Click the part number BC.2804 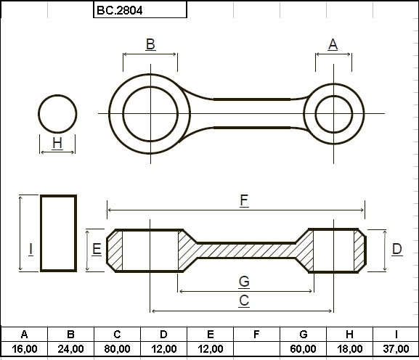[x=119, y=10]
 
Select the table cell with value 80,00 [x=117, y=349]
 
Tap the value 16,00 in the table [x=24, y=349]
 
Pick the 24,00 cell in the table [x=71, y=349]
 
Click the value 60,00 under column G [x=303, y=349]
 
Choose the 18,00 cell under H [x=349, y=349]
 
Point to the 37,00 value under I [x=396, y=349]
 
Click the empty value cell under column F [x=256, y=349]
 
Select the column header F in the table [x=256, y=335]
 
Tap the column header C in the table [x=117, y=335]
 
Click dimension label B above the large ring [x=150, y=44]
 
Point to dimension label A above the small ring [x=333, y=44]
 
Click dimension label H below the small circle [x=57, y=143]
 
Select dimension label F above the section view [x=244, y=200]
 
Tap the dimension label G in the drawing [x=244, y=282]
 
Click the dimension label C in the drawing [x=244, y=300]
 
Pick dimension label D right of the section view [x=397, y=249]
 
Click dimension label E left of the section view [x=97, y=249]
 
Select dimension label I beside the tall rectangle [x=31, y=249]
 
